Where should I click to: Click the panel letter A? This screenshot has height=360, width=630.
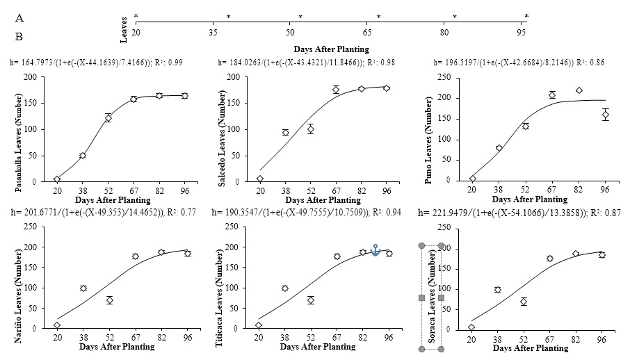(x=19, y=19)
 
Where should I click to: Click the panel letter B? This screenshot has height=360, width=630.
(x=19, y=35)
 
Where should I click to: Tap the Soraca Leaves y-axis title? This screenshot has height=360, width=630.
(x=431, y=297)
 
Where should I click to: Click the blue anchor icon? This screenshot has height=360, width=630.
(x=375, y=250)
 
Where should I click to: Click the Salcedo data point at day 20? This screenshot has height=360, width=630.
(x=260, y=179)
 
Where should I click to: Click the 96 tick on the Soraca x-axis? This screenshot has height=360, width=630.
(x=601, y=339)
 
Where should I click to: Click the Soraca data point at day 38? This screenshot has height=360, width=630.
(x=497, y=290)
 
